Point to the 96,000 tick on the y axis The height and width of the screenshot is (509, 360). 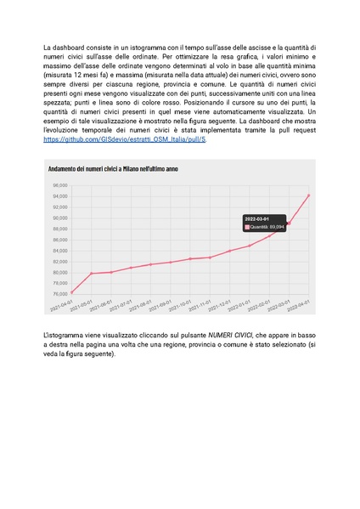(x=60, y=185)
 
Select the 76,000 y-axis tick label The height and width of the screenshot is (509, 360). (x=60, y=294)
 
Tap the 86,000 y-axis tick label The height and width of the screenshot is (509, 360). (x=60, y=240)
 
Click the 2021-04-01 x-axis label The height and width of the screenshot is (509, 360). (x=61, y=305)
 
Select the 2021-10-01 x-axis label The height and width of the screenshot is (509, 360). (x=180, y=305)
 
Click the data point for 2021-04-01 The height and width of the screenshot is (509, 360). (x=72, y=292)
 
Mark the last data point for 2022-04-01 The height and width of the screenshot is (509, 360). (x=308, y=195)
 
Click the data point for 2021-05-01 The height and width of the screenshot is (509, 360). (x=92, y=274)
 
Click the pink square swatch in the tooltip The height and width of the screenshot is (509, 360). (x=247, y=228)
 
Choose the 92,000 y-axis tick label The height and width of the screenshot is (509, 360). (x=60, y=207)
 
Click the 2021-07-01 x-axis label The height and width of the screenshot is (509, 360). (x=121, y=305)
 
